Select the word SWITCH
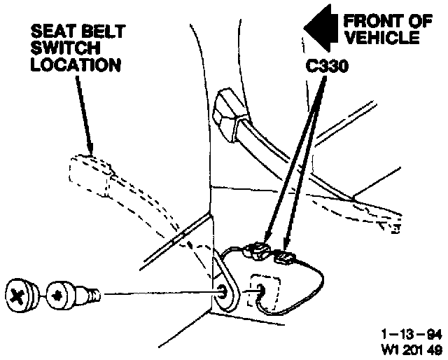(59, 49)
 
